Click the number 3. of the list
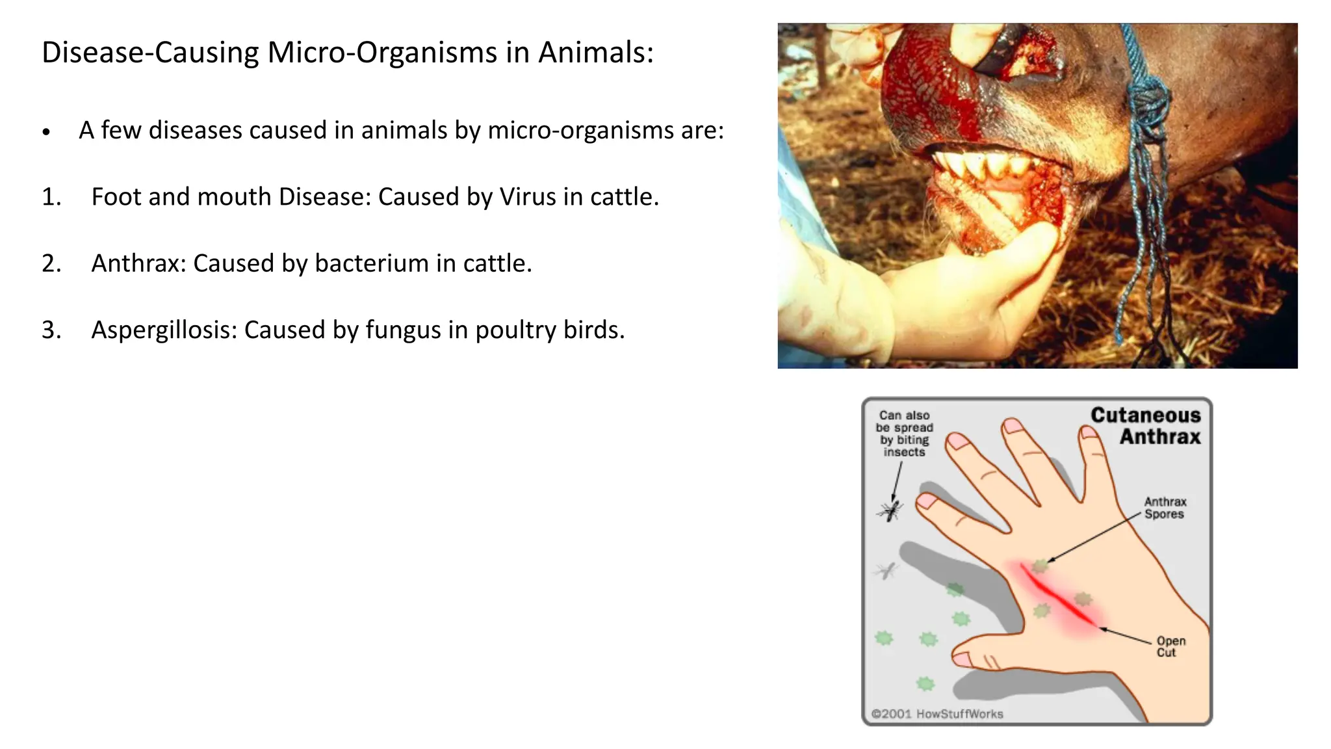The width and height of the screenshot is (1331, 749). [51, 330]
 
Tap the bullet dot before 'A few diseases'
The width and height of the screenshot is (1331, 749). [45, 132]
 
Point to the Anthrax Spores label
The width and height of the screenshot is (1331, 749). [1165, 508]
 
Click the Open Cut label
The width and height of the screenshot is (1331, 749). [1170, 646]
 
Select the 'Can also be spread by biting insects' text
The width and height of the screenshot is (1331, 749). [904, 433]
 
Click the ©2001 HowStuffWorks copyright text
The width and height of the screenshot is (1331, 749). [937, 714]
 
